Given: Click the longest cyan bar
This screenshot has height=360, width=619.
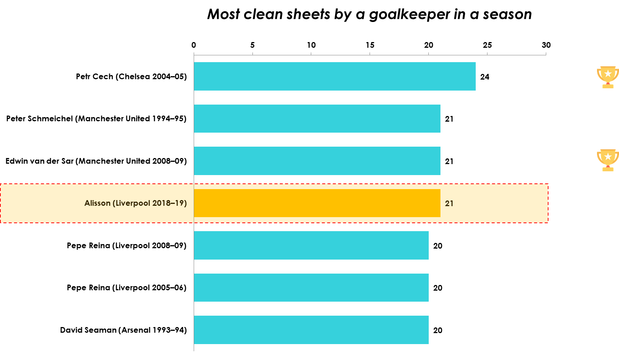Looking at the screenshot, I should pos(334,76).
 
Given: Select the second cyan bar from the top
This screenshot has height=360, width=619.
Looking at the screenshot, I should pos(317,119).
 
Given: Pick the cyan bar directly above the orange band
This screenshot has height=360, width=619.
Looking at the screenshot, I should pos(317,161).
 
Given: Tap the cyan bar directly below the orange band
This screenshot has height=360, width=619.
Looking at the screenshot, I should pos(311,245).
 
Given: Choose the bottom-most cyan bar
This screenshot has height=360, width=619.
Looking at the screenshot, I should pos(311,330).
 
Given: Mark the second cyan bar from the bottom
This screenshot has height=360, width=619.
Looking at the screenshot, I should pos(311,288).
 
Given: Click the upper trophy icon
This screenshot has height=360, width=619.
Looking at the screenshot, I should pos(608,77).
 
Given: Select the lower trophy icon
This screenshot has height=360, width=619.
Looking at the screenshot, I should pos(608,160).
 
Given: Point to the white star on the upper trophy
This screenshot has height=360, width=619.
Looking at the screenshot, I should pos(608,74).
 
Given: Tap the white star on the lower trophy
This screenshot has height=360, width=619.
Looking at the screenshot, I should pos(608,157).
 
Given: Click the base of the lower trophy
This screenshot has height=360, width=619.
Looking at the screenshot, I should pos(608,169).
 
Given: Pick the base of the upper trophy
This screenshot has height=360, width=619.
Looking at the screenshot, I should pos(608,86).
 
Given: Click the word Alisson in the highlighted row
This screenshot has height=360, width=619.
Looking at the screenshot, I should pos(97,203).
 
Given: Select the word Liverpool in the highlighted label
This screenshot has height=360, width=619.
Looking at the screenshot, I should pos(133,203).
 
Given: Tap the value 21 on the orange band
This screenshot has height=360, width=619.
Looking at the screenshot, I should pos(449,203).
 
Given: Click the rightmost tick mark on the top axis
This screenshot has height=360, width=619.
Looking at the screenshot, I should pos(546,54).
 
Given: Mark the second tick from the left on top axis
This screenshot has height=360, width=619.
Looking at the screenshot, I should pos(252,54).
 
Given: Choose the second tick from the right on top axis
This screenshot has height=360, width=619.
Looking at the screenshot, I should pos(487,54).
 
